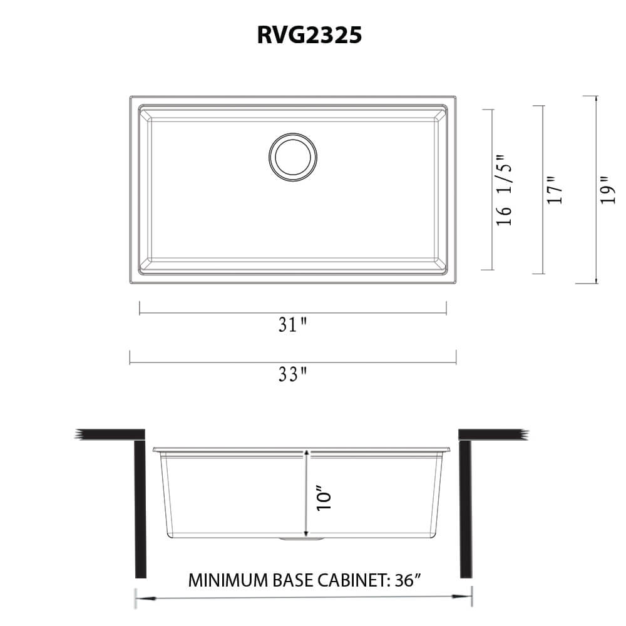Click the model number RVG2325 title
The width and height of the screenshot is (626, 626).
click(x=309, y=36)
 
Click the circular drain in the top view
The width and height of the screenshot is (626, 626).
click(x=292, y=158)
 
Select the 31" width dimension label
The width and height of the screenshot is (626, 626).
click(x=292, y=324)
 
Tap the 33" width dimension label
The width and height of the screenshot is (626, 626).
click(x=292, y=374)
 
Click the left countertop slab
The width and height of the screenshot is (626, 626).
click(x=113, y=434)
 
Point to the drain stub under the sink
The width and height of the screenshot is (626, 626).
click(x=303, y=540)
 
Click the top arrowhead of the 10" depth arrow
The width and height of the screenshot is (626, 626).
click(x=306, y=452)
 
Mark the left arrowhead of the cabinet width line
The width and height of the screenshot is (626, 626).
click(x=139, y=598)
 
